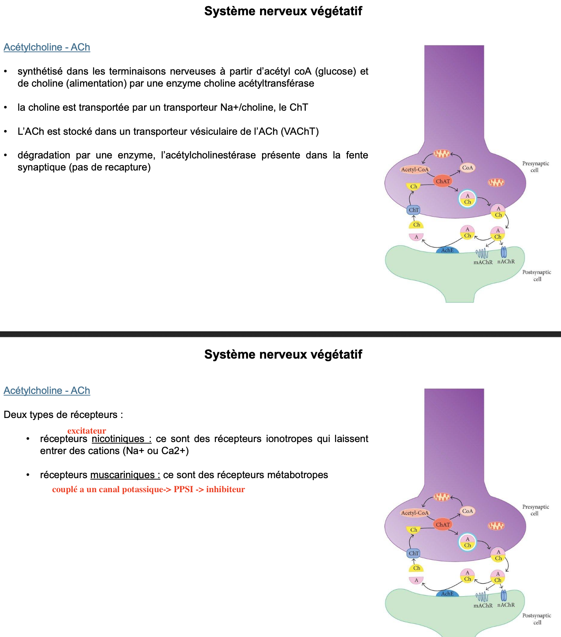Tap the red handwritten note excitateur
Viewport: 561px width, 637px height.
87,431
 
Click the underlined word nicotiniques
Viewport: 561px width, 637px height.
118,439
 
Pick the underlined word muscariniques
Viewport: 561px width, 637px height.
123,475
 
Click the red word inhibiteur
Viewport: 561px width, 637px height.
226,489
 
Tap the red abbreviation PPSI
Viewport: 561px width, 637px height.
183,489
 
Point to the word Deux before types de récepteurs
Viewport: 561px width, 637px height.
15,415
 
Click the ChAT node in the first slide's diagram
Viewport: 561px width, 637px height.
443,181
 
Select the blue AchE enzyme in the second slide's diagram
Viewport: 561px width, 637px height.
447,594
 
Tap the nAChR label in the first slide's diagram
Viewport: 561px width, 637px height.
506,262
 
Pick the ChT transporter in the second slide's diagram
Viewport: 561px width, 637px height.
414,553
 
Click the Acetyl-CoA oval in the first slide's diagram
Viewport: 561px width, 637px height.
415,170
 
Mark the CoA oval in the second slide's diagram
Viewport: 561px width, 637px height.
467,511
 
